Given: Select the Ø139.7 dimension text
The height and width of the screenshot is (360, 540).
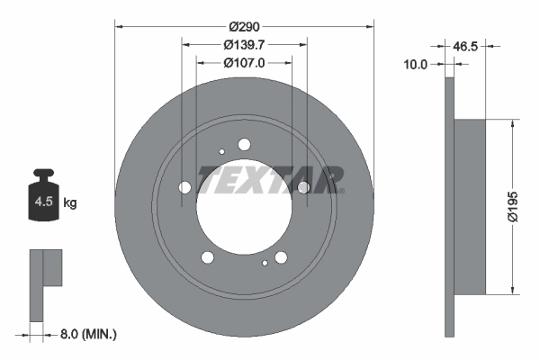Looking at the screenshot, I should pyautogui.click(x=245, y=45).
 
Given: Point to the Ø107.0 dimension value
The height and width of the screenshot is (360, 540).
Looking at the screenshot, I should pyautogui.click(x=245, y=63).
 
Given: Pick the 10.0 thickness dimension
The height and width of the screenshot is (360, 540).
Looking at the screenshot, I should pyautogui.click(x=416, y=64).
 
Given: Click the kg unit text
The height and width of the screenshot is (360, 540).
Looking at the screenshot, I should pyautogui.click(x=70, y=203).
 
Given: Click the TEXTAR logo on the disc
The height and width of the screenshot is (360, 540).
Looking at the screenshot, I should pyautogui.click(x=271, y=180).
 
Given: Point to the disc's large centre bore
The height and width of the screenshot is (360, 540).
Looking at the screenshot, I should pyautogui.click(x=244, y=205).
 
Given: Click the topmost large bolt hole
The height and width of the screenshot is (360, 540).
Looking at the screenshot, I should pyautogui.click(x=244, y=144).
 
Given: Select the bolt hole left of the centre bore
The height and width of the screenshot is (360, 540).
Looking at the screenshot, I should pyautogui.click(x=185, y=188).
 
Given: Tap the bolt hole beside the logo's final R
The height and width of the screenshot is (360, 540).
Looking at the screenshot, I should pyautogui.click(x=303, y=187).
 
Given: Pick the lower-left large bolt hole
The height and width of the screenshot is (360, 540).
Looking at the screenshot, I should pyautogui.click(x=208, y=258).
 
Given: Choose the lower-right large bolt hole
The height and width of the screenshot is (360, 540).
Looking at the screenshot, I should pyautogui.click(x=281, y=258).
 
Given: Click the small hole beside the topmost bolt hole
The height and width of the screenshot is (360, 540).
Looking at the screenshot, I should pyautogui.click(x=221, y=151).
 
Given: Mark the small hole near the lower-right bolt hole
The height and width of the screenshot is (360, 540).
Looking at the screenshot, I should pyautogui.click(x=265, y=264).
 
